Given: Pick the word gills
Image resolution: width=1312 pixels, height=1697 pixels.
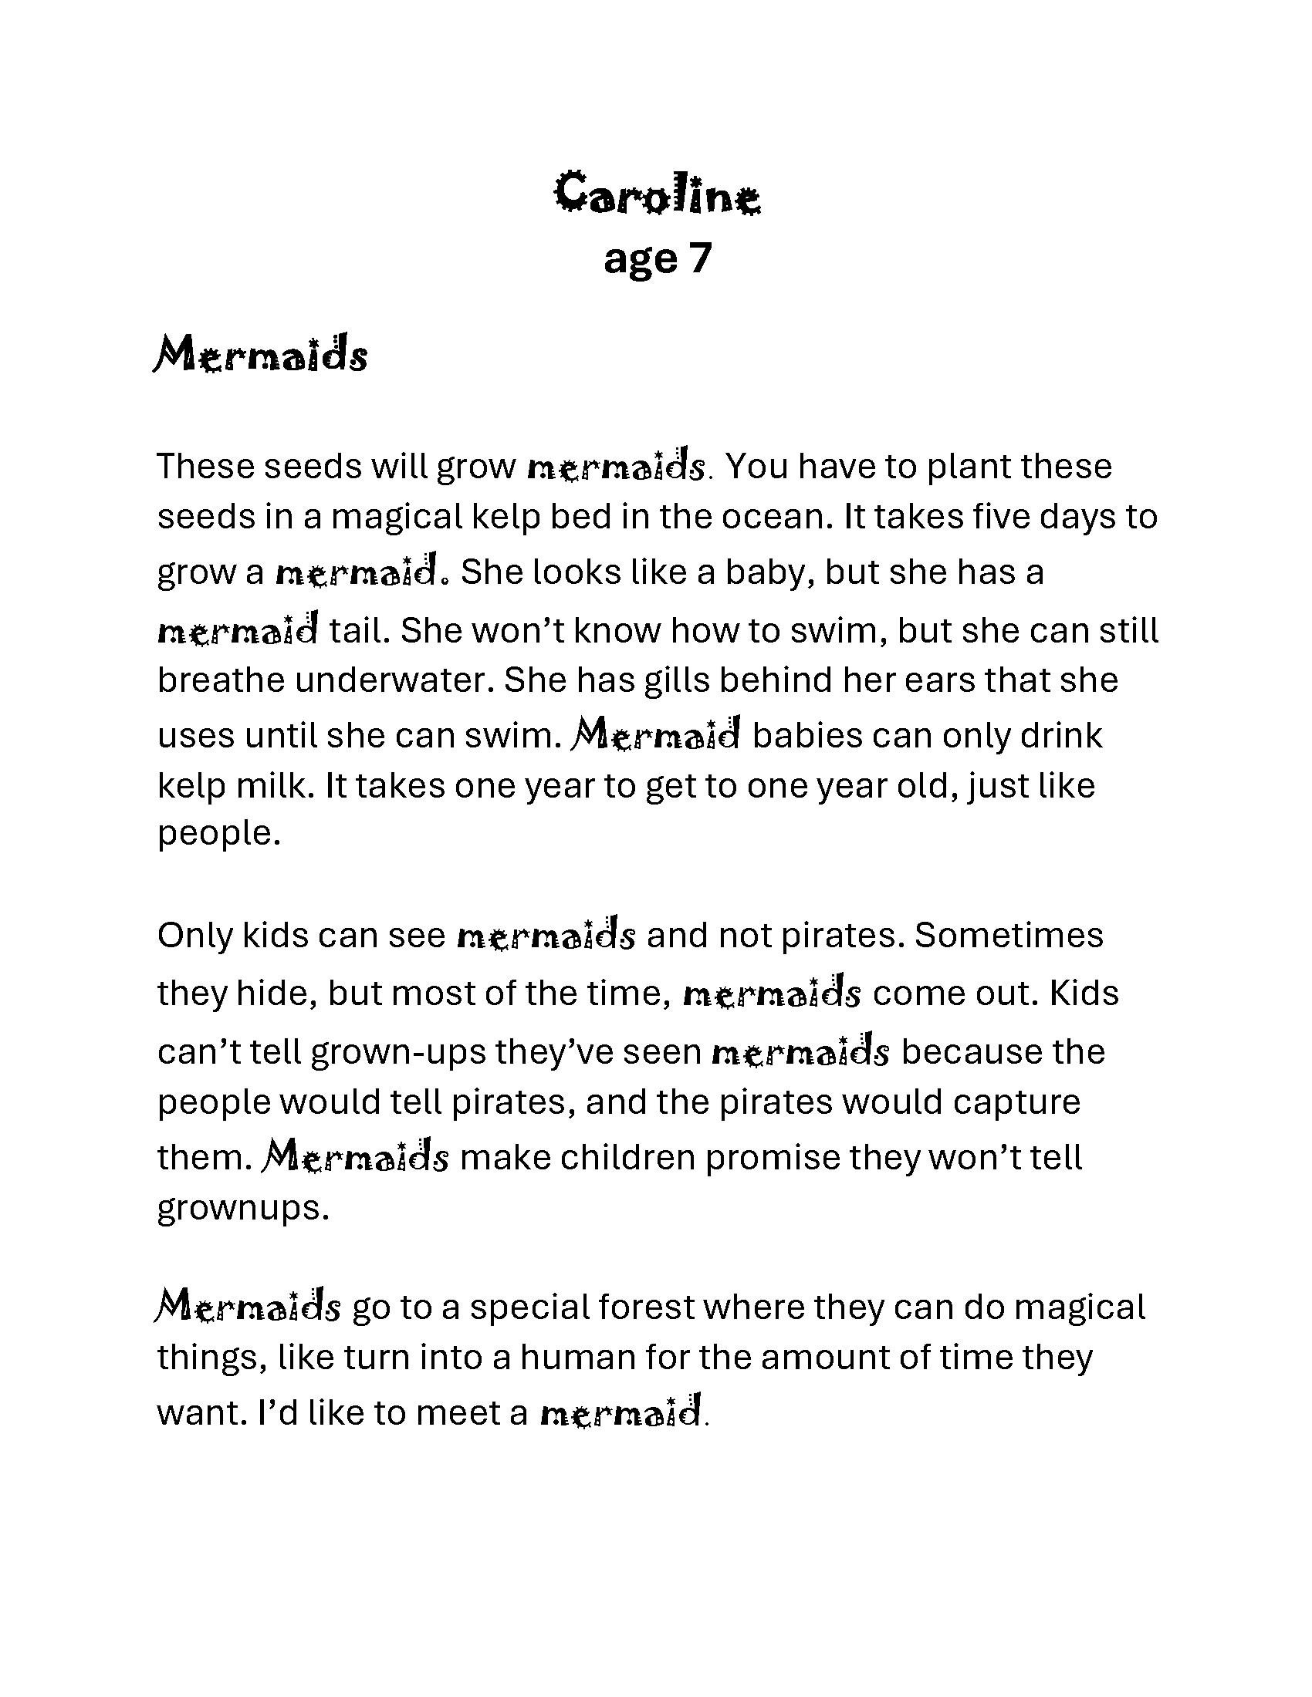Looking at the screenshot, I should (671, 680).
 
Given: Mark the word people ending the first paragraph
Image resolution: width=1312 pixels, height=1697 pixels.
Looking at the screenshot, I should (218, 835).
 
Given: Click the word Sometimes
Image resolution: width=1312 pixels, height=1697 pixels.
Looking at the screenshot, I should (1009, 936).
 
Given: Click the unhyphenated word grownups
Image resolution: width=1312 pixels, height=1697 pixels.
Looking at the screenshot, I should (243, 1208).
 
